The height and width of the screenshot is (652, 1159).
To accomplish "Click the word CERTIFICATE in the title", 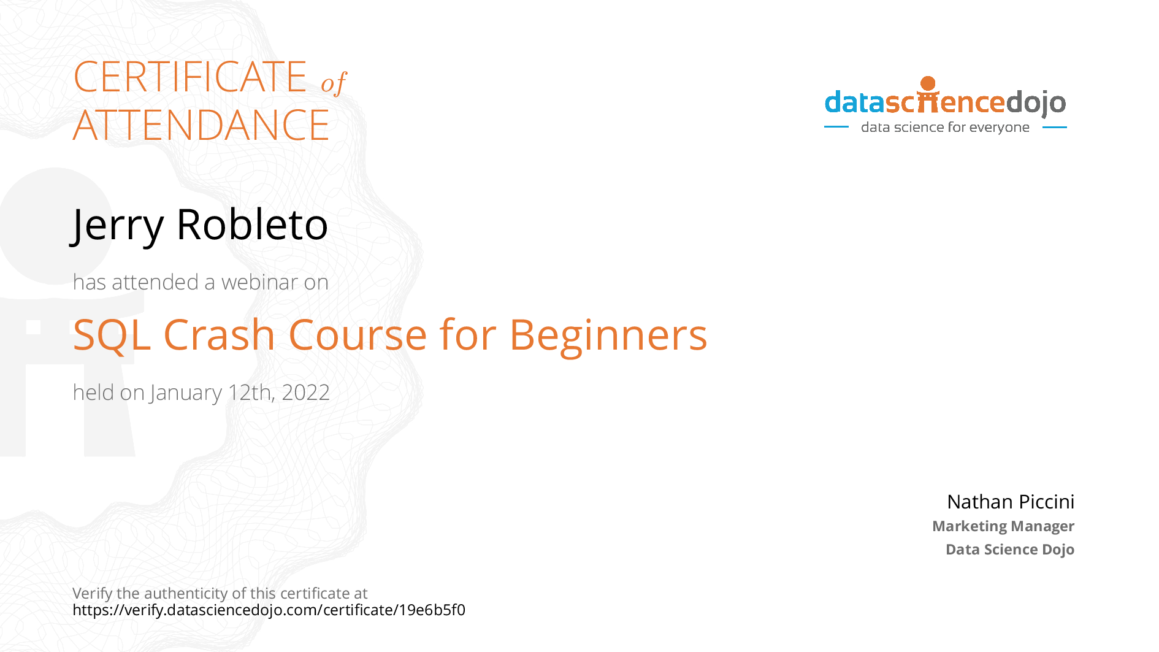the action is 190,77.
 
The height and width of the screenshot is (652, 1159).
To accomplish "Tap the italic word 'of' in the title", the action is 334,82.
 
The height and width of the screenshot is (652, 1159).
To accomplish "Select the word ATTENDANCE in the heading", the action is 201,125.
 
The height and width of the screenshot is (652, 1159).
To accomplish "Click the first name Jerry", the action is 117,226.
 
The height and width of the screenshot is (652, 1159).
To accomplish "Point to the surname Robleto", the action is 252,224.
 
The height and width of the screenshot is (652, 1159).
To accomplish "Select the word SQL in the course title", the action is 112,336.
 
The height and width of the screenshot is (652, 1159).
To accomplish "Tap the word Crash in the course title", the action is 219,335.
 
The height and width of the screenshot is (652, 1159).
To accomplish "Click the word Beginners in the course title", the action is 608,336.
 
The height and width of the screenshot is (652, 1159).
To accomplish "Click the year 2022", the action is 305,393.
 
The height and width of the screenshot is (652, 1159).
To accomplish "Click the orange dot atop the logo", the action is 928,83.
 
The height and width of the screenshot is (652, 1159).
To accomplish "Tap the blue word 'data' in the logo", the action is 855,102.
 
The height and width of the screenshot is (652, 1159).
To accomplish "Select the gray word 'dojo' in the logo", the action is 1036,103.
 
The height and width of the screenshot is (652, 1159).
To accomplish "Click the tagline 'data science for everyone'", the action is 945,127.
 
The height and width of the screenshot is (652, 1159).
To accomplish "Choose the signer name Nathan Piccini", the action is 1011,502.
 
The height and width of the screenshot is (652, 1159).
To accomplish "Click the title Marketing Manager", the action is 1003,526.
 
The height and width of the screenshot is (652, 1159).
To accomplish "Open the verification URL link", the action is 269,610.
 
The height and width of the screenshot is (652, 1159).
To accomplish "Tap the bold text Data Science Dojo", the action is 1010,550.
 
